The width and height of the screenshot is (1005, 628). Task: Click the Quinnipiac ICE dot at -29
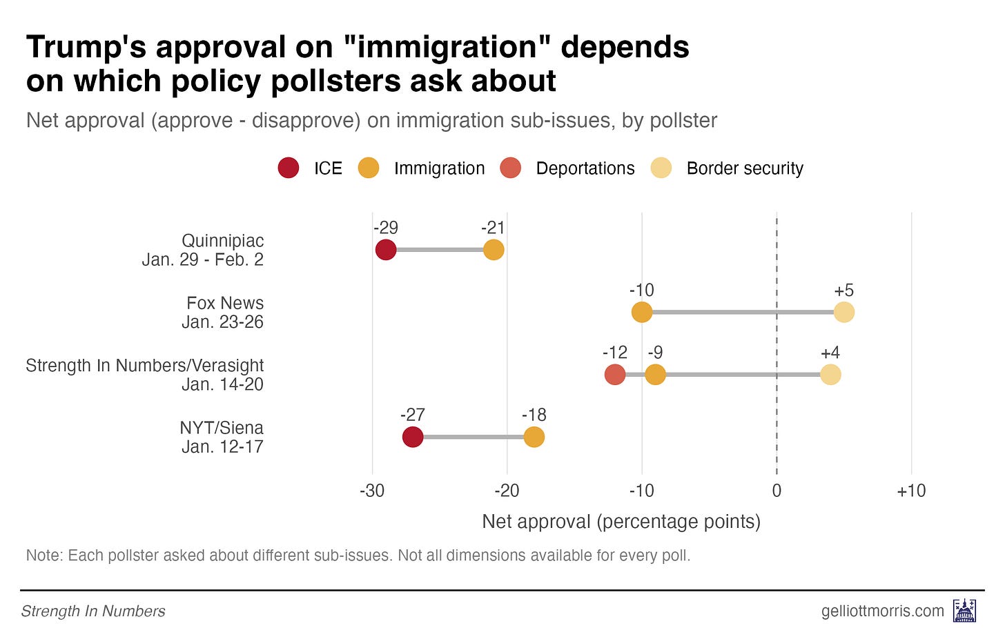(386, 250)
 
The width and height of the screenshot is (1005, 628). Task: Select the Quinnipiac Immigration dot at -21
(494, 250)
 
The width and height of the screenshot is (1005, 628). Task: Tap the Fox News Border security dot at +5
(844, 312)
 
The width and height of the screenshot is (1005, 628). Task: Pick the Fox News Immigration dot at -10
(642, 312)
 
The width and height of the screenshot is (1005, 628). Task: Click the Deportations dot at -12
(615, 375)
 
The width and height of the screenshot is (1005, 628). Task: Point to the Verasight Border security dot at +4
(830, 375)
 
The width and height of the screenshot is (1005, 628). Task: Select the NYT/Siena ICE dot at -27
(413, 437)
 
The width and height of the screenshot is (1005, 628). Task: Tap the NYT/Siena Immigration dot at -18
(534, 437)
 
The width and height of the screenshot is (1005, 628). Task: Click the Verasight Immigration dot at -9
(656, 375)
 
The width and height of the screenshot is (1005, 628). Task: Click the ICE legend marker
(289, 168)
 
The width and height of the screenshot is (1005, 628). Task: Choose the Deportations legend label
(585, 168)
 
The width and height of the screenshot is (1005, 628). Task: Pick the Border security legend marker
(661, 168)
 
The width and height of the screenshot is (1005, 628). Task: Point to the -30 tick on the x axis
(372, 491)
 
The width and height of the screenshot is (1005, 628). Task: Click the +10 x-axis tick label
(911, 491)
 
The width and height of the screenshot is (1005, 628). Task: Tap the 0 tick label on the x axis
(777, 491)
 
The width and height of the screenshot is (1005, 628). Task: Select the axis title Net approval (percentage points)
(621, 521)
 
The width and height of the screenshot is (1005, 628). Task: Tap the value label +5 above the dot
(843, 291)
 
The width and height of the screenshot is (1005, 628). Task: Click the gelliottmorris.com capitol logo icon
(964, 611)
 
